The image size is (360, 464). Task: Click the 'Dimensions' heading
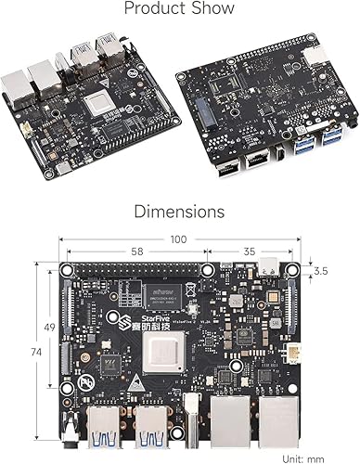(x=179, y=212)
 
